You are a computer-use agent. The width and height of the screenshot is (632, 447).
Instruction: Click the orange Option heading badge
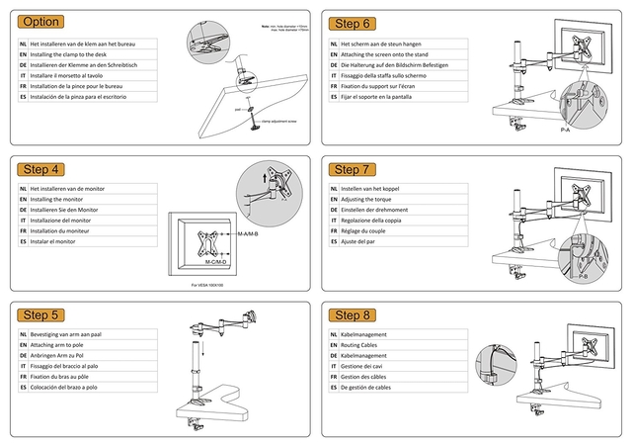42,22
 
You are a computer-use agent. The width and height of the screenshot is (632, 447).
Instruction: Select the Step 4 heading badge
42,169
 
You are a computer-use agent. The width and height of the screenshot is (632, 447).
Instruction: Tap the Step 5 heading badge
42,315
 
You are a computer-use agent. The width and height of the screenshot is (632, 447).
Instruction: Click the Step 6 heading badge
353,23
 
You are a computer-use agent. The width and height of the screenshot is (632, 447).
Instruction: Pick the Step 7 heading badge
353,169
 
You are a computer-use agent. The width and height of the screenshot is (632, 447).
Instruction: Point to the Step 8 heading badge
353,315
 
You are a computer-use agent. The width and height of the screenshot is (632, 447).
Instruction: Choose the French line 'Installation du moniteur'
67,229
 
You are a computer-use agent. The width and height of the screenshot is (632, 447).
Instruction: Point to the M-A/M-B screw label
248,233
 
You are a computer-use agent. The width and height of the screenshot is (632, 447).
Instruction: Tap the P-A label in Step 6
566,130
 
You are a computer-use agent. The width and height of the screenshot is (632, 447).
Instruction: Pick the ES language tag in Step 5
23,387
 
